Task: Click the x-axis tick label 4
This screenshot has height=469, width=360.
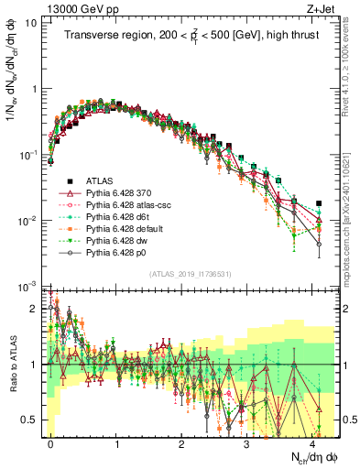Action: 312,442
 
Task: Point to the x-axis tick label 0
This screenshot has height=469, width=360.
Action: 51,442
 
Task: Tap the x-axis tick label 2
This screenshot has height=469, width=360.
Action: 181,442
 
